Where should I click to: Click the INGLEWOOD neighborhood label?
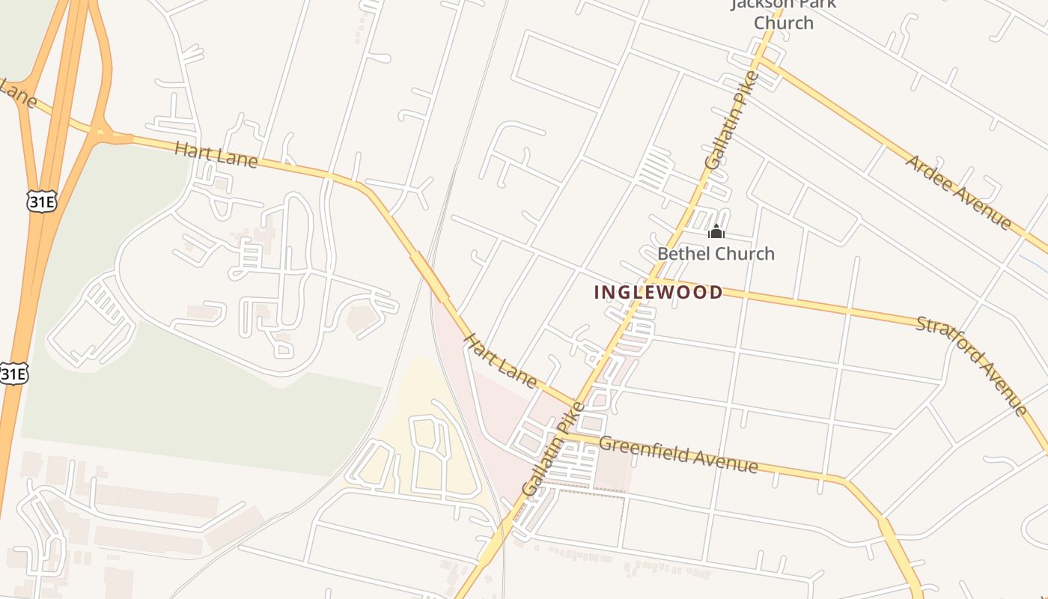pyautogui.click(x=659, y=292)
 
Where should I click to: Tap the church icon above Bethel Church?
pyautogui.click(x=716, y=231)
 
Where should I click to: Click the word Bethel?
pyautogui.click(x=680, y=254)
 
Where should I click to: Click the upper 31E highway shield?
pyautogui.click(x=40, y=201)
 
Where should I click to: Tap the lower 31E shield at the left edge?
pyautogui.click(x=13, y=374)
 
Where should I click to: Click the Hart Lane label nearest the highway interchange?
pyautogui.click(x=216, y=155)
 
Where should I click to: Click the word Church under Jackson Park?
pyautogui.click(x=783, y=22)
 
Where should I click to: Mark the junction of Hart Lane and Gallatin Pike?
pyautogui.click(x=577, y=405)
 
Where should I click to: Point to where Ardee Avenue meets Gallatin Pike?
pyautogui.click(x=761, y=59)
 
